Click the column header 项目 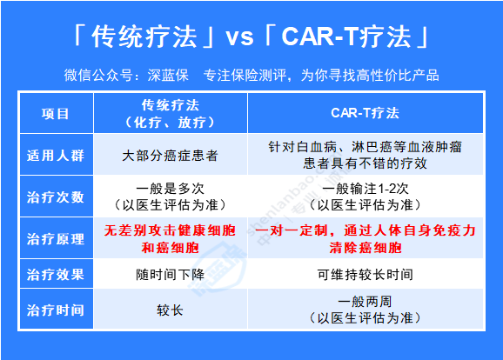tap(55, 114)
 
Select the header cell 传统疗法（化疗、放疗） tap(170, 114)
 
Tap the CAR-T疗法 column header tap(365, 113)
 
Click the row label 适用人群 tap(56, 156)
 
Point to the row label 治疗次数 tap(56, 197)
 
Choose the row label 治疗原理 tap(56, 239)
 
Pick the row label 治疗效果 tap(56, 275)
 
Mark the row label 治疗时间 tap(56, 310)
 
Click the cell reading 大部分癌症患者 tap(170, 156)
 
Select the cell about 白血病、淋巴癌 tap(365, 155)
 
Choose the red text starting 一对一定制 tap(365, 239)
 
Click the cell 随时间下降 tap(170, 275)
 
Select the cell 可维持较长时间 tap(365, 275)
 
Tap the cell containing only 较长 tap(170, 310)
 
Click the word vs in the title tap(240, 37)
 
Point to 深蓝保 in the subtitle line tap(168, 76)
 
